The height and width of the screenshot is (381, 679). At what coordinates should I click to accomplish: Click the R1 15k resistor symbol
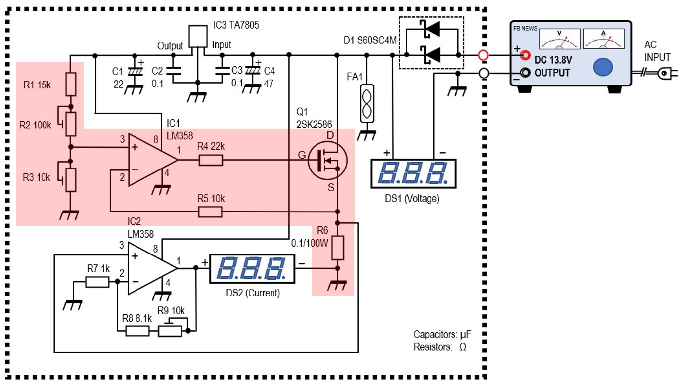pyautogui.click(x=71, y=84)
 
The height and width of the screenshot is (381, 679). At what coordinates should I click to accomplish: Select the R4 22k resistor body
pyautogui.click(x=211, y=160)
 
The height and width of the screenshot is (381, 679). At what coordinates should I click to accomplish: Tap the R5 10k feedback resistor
pyautogui.click(x=210, y=212)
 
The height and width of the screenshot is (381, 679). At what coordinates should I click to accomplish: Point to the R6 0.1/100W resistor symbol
pyautogui.click(x=338, y=248)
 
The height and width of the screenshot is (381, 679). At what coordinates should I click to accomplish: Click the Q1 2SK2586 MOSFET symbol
pyautogui.click(x=327, y=161)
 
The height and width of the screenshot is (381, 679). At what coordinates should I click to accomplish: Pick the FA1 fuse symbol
pyautogui.click(x=367, y=103)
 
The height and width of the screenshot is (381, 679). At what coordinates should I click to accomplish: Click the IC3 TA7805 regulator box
pyautogui.click(x=198, y=37)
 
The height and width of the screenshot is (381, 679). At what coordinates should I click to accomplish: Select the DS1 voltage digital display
pyautogui.click(x=413, y=173)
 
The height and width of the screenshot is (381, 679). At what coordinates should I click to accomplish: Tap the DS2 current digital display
pyautogui.click(x=252, y=269)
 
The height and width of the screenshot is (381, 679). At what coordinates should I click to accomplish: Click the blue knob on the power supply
pyautogui.click(x=603, y=67)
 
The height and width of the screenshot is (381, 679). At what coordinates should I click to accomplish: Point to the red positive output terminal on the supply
pyautogui.click(x=525, y=55)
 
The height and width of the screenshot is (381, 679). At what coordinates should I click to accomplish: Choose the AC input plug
pyautogui.click(x=666, y=73)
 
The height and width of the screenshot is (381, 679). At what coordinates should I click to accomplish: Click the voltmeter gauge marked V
pyautogui.click(x=559, y=39)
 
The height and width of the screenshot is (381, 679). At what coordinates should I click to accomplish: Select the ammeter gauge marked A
pyautogui.click(x=603, y=39)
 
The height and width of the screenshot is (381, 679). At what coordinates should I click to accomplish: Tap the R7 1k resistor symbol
pyautogui.click(x=97, y=282)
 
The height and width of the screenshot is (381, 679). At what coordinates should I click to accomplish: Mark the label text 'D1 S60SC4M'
pyautogui.click(x=370, y=41)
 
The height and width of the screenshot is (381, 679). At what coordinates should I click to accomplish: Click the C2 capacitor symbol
pyautogui.click(x=173, y=71)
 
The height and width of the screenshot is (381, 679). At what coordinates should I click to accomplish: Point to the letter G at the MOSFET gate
pyautogui.click(x=302, y=155)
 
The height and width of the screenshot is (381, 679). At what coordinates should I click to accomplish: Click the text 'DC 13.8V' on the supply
pyautogui.click(x=553, y=60)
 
